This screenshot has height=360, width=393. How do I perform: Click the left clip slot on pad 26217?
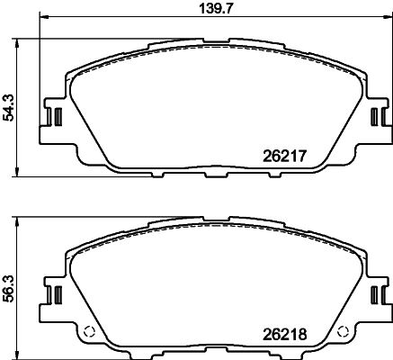(x=54, y=118)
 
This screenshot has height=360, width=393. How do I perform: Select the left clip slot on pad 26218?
(x=54, y=294)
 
